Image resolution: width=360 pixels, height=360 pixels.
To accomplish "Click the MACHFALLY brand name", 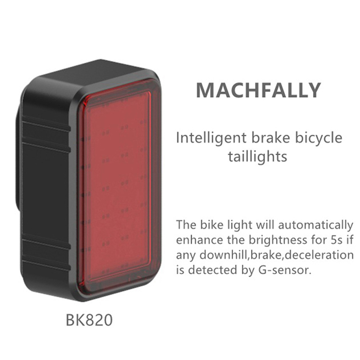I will (x=258, y=90).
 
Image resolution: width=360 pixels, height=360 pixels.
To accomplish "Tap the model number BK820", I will (x=89, y=320).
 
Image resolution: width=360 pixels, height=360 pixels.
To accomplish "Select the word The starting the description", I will (x=185, y=225).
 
